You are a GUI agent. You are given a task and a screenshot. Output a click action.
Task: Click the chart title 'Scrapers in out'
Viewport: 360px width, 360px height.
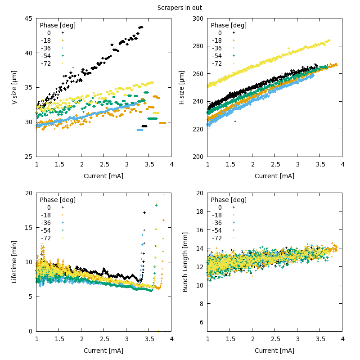click(x=180, y=8)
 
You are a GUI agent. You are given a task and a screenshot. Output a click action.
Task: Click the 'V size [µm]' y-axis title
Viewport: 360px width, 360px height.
click(x=14, y=88)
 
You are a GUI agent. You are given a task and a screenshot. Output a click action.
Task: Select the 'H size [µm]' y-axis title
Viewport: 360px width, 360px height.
click(x=182, y=88)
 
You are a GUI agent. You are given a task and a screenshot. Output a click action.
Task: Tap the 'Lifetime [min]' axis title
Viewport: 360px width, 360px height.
click(x=14, y=262)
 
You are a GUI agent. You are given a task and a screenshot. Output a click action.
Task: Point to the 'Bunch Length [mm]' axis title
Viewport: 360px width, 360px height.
click(x=184, y=262)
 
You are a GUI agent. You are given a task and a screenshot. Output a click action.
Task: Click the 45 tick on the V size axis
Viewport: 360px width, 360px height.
click(x=28, y=18)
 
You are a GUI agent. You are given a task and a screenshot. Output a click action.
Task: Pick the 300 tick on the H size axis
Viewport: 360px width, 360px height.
click(x=198, y=18)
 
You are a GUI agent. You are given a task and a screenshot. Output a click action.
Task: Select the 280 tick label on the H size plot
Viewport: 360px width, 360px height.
click(x=198, y=46)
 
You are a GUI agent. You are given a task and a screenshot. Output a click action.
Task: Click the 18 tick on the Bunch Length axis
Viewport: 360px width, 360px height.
click(x=199, y=211)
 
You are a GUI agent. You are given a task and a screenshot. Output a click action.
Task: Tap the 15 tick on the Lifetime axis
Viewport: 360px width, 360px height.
click(x=28, y=228)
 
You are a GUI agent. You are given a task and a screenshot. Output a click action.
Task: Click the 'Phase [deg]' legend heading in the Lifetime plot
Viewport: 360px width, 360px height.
click(x=58, y=200)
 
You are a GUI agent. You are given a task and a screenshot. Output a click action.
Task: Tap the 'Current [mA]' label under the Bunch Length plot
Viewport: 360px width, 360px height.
click(x=274, y=351)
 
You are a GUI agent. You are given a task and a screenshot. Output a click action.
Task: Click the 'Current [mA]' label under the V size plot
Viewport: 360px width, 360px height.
click(x=103, y=176)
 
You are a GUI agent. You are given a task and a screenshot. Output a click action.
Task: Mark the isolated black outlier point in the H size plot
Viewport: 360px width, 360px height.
click(x=235, y=121)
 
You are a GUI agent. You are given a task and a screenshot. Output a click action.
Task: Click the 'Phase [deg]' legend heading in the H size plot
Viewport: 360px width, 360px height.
click(x=229, y=25)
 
